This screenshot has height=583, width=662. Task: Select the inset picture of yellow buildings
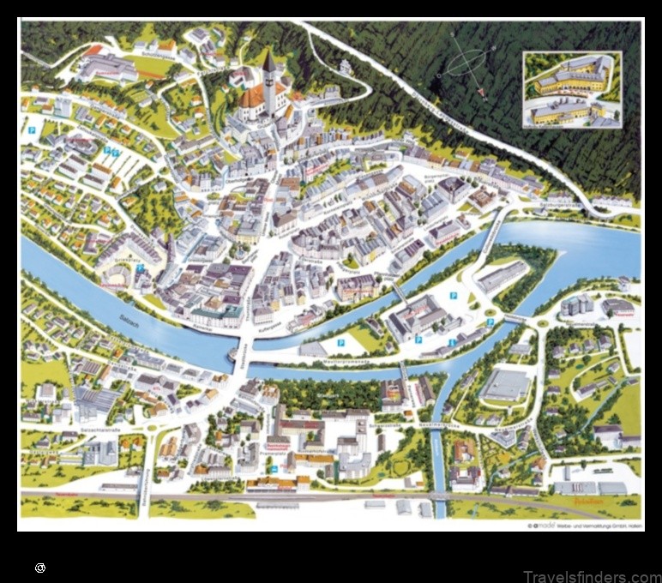pyautogui.click(x=572, y=89)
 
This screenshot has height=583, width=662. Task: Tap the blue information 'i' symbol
pyautogui.click(x=451, y=341)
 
